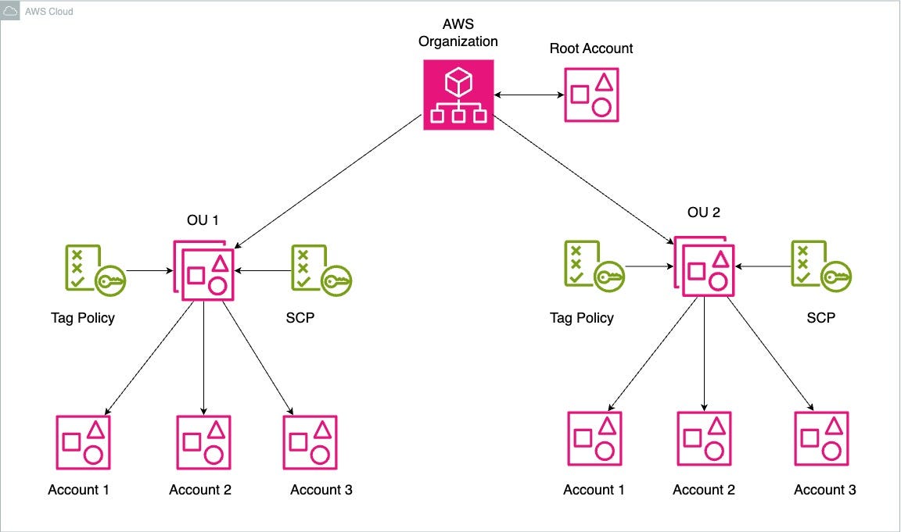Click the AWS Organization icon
[458, 95]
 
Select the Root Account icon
[592, 95]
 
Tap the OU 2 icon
[703, 266]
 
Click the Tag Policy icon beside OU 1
[93, 270]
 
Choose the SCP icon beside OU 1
[320, 270]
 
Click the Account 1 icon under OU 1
[83, 441]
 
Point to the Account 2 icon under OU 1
[203, 441]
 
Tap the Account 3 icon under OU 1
[310, 441]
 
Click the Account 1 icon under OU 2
[594, 438]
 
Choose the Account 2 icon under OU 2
[704, 438]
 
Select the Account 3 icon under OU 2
[821, 438]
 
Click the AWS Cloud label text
[49, 12]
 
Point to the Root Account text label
[591, 48]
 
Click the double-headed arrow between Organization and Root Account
[529, 95]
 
